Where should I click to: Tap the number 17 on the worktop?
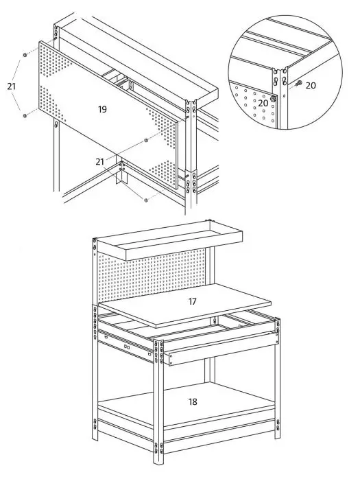192,301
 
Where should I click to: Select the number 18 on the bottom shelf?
193,401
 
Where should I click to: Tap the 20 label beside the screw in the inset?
311,85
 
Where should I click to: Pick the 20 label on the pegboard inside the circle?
262,102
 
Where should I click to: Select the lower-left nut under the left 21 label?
25,115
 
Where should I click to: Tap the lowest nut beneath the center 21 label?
147,199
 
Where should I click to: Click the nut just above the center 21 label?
146,140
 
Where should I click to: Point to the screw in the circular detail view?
298,85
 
